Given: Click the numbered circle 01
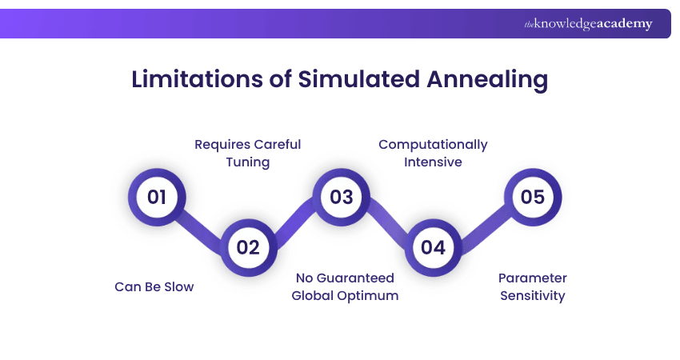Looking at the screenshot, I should tap(157, 197).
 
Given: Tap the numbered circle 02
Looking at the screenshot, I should tap(248, 247).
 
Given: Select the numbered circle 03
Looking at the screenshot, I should tap(341, 197).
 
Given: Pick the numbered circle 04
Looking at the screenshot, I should tap(433, 247).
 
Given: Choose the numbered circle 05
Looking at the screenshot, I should tap(533, 197).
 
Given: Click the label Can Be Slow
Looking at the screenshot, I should tap(154, 286).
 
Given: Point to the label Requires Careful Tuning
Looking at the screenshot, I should tap(248, 153).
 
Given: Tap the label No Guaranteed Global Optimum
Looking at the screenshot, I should tap(345, 286).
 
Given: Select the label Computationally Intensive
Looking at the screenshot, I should tap(433, 153).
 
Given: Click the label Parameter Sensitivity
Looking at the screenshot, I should tap(533, 286).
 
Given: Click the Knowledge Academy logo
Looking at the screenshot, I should tap(588, 24).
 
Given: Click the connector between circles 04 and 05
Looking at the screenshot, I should tap(483, 222).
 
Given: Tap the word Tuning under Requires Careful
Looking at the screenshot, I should tap(248, 162).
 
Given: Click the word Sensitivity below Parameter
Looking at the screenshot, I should tap(533, 296).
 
